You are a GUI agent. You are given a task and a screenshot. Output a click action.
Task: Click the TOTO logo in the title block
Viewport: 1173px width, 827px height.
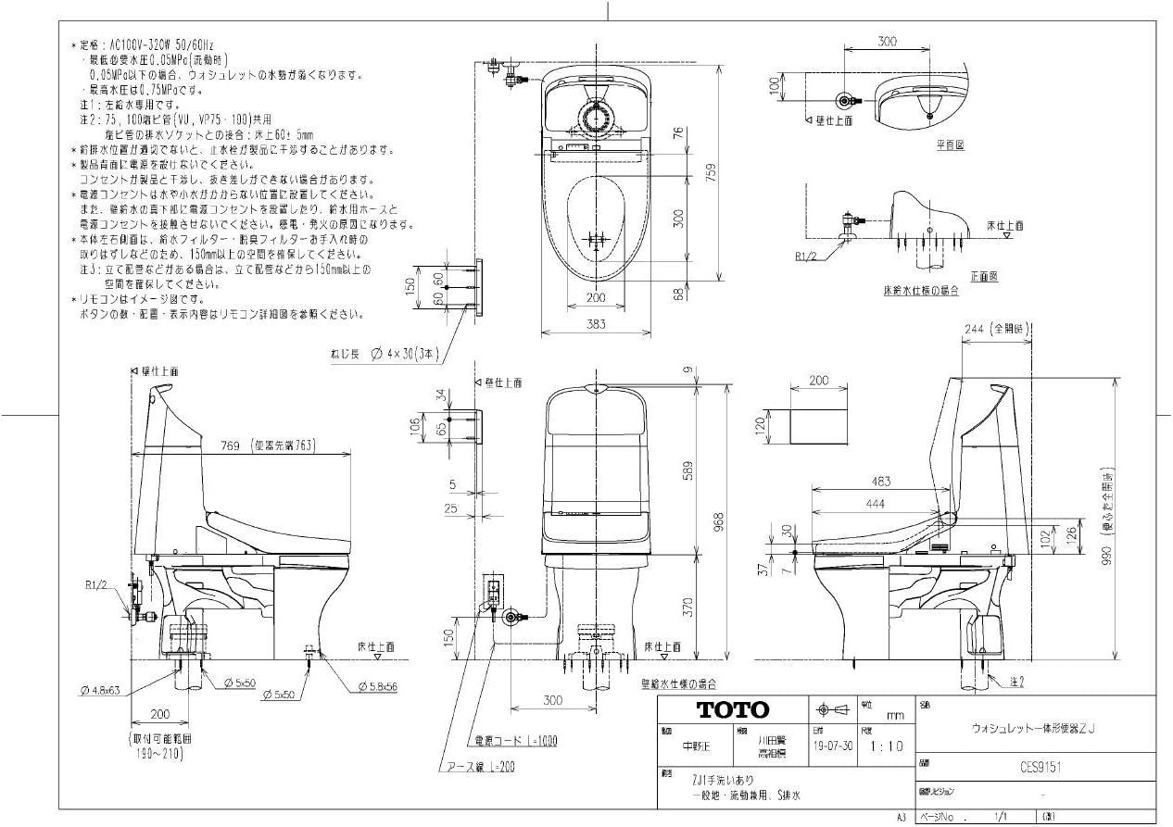pos(732,710)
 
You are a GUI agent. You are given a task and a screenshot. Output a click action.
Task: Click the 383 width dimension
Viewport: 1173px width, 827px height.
pos(596,324)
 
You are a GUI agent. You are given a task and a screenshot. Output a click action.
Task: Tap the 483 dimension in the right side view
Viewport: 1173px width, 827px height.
pos(881,481)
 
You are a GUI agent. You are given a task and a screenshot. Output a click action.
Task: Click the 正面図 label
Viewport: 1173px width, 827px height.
pos(985,275)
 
